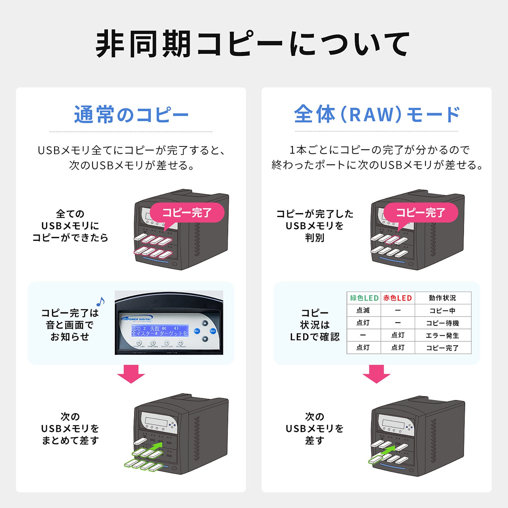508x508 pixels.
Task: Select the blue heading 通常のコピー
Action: (131, 115)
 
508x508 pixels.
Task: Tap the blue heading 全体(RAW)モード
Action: (377, 114)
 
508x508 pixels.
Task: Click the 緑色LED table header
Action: (364, 298)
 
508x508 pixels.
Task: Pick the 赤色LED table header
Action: (398, 298)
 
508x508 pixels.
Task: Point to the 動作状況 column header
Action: (443, 298)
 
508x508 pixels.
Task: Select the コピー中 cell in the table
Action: (443, 311)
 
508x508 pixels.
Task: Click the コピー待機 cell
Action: (443, 323)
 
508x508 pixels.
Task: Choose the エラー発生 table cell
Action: (443, 335)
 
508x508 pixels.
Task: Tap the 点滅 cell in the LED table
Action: (363, 310)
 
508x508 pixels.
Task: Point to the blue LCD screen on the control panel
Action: (160, 331)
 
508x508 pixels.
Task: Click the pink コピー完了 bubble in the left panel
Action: (187, 212)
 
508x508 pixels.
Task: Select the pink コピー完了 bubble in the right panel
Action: (421, 212)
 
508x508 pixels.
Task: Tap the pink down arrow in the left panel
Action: (131, 374)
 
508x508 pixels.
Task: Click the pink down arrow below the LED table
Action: (377, 374)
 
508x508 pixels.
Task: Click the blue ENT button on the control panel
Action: (213, 331)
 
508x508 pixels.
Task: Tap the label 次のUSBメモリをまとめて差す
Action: (70, 428)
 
